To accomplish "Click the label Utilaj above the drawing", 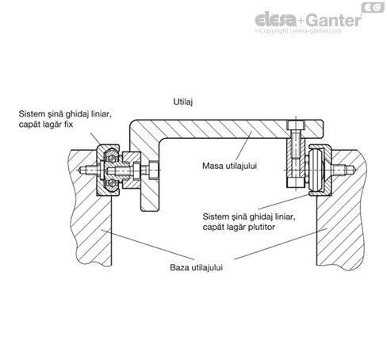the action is (x=183, y=101).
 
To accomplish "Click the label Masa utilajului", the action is (x=229, y=166).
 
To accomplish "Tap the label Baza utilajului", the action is (x=196, y=267).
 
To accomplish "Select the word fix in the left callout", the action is (x=68, y=124).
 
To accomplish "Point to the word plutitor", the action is (x=261, y=227).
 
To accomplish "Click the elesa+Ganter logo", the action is (x=308, y=21).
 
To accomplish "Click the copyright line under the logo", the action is (x=298, y=31).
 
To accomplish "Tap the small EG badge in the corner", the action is (x=373, y=7).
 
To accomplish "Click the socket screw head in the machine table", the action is (x=296, y=125).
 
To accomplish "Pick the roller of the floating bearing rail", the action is (x=316, y=170).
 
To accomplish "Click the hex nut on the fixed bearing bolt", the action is (x=154, y=170).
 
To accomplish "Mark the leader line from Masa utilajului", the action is (x=243, y=146).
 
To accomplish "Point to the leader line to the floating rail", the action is (x=284, y=202).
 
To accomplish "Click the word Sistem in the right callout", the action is (x=216, y=216).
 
